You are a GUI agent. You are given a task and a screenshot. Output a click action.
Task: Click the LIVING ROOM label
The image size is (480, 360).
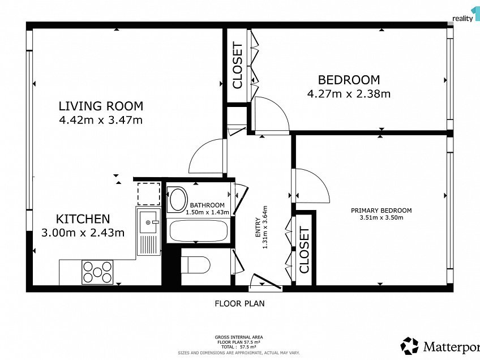click(x=101, y=106)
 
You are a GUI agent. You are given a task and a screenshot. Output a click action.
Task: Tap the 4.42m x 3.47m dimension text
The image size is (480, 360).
click(x=101, y=119)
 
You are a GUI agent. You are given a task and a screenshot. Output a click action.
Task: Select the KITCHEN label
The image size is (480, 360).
click(x=83, y=219)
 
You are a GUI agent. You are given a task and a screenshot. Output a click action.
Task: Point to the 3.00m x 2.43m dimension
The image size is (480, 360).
click(x=83, y=233)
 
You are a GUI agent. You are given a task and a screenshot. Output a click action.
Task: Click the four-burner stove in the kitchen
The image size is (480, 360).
click(x=97, y=272)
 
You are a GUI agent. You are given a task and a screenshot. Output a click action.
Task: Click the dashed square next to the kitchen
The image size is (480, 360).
click(x=148, y=194)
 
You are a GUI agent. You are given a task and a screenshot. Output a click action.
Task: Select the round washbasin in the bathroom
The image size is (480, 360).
click(x=178, y=199)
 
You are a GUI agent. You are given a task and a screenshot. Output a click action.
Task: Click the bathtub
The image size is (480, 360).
click(x=199, y=230)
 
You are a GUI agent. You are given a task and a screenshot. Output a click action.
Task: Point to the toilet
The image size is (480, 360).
click(x=196, y=265)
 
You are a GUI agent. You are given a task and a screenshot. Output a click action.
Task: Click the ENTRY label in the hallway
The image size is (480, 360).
click(x=258, y=228)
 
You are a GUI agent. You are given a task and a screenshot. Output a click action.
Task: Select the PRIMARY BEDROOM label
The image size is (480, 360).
click(x=381, y=211)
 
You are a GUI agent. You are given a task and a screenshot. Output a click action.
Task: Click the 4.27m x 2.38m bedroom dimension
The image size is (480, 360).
click(x=349, y=93)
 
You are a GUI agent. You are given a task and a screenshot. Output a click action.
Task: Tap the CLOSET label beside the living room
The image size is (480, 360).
click(x=237, y=65)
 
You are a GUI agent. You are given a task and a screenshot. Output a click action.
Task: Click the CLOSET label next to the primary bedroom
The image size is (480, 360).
click(x=304, y=250)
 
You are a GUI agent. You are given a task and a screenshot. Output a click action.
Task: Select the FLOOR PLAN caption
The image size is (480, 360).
click(x=239, y=303)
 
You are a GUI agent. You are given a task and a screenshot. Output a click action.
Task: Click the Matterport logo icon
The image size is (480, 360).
click(x=409, y=346)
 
